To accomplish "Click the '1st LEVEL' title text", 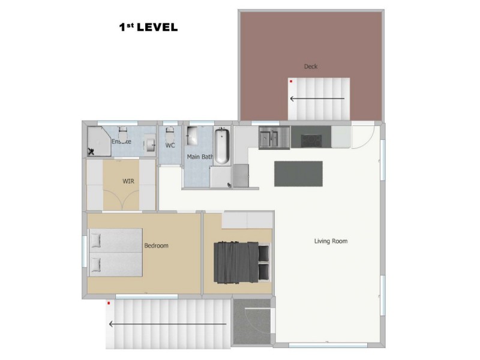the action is (x=148, y=27).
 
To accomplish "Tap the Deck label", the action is (x=311, y=67).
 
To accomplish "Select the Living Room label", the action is (x=331, y=241).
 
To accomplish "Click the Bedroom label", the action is (x=156, y=245).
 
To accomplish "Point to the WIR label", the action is (x=128, y=181).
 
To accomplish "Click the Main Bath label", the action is (x=200, y=157).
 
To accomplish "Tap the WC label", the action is (x=170, y=145).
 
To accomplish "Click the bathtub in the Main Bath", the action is (x=221, y=146).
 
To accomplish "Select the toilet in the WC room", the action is (x=170, y=134).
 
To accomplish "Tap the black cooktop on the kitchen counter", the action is (x=311, y=141).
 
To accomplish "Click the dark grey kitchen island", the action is (x=298, y=173).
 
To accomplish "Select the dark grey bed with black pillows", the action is (x=242, y=262).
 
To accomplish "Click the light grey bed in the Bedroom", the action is (x=115, y=253).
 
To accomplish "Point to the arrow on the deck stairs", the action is (x=317, y=98).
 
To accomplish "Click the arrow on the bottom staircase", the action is (x=168, y=324).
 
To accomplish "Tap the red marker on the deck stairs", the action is (x=291, y=82).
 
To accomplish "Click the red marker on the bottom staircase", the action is (x=109, y=303).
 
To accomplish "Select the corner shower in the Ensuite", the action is (x=99, y=142).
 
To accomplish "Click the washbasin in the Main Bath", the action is (x=192, y=136).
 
